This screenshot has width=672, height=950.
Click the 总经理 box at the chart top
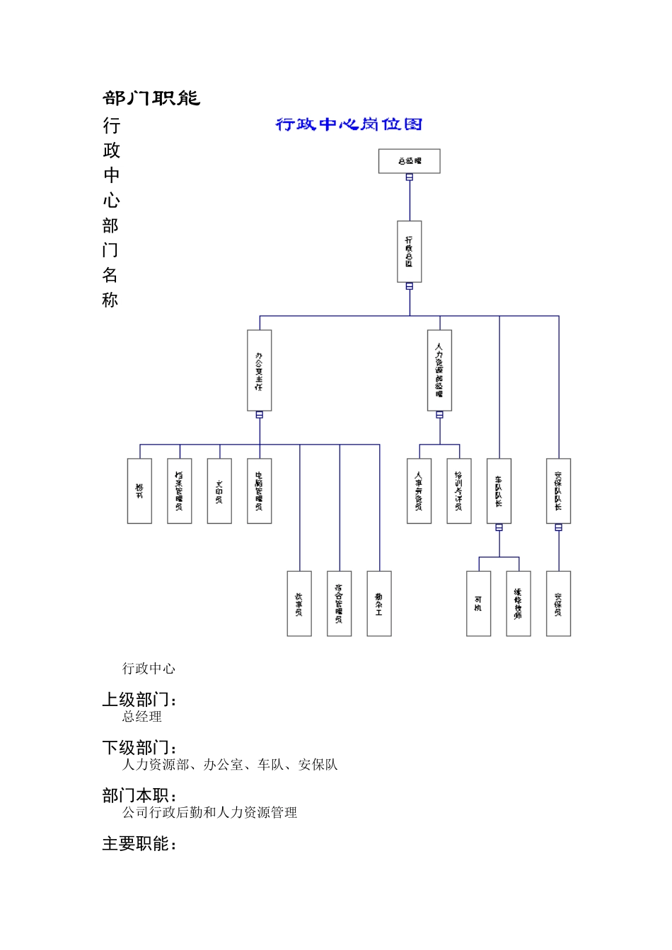click(409, 161)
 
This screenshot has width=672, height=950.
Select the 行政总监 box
click(410, 252)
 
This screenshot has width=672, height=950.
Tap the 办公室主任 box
click(260, 370)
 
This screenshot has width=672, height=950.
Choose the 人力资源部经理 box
click(439, 370)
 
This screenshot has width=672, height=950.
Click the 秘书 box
click(139, 491)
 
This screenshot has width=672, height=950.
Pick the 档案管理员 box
click(180, 491)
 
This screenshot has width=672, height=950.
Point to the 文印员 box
click(219, 491)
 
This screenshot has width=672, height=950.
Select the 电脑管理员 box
click(260, 491)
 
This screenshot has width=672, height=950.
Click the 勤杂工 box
click(379, 604)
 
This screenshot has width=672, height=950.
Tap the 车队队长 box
click(499, 491)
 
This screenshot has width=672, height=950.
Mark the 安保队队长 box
click(558, 491)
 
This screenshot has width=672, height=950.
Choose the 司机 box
click(478, 604)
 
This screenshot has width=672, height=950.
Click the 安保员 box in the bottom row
click(558, 604)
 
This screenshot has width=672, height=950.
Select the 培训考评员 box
click(459, 491)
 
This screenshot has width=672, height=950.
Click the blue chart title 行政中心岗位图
click(349, 125)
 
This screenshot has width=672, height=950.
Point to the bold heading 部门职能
click(151, 98)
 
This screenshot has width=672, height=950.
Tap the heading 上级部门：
click(140, 700)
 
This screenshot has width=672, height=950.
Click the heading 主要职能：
click(140, 844)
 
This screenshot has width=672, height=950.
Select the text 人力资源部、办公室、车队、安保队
click(230, 765)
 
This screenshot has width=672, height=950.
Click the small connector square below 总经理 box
click(410, 177)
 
